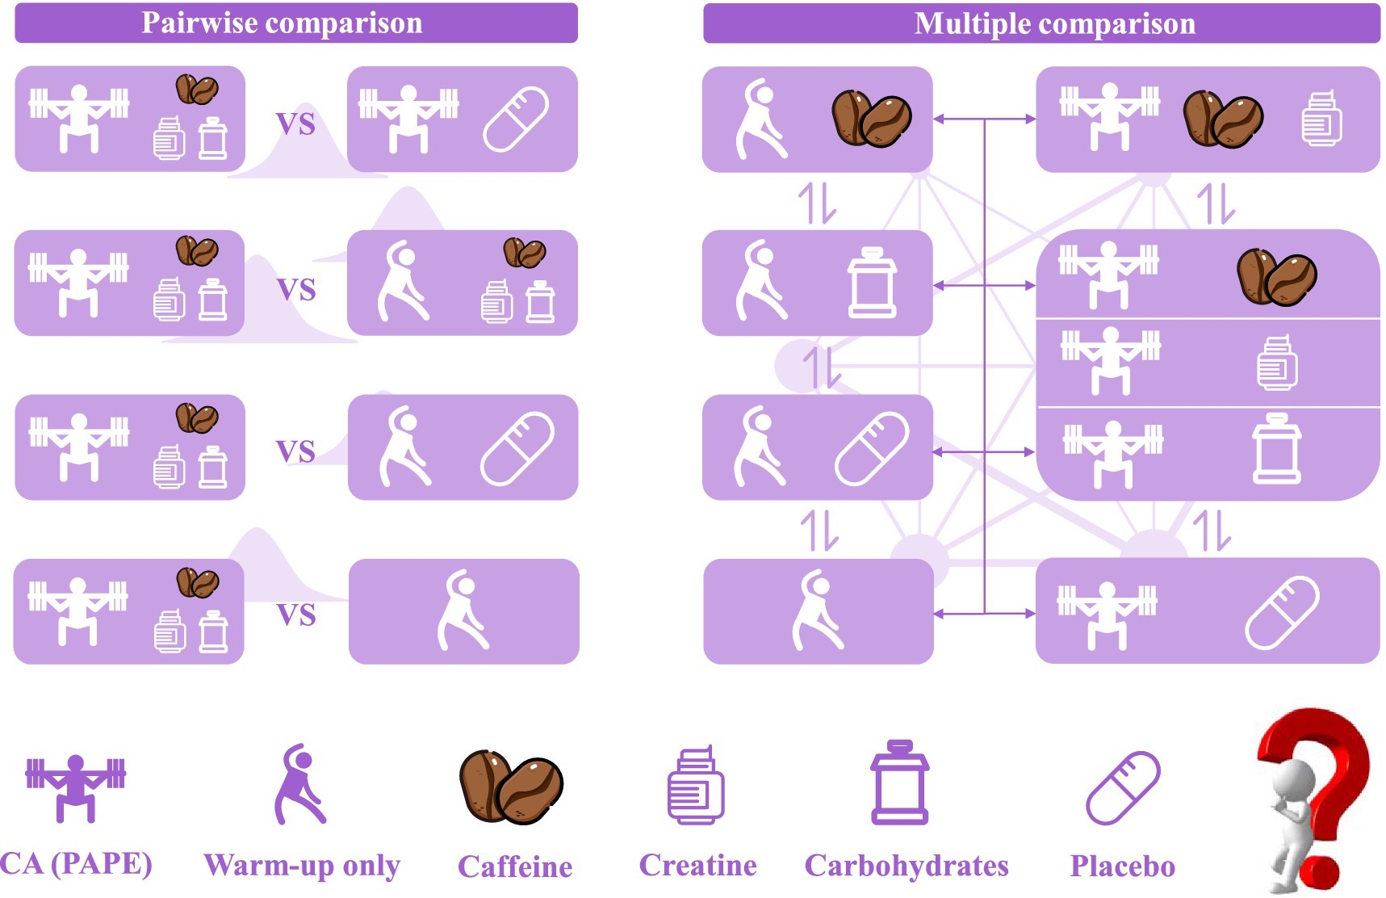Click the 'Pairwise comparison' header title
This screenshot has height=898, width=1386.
pyautogui.click(x=282, y=23)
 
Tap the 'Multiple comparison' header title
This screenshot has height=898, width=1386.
pyautogui.click(x=1054, y=23)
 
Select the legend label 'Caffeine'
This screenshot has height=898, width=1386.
pyautogui.click(x=515, y=867)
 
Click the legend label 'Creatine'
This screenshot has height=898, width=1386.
pyautogui.click(x=697, y=865)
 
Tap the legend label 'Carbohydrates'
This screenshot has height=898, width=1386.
pyautogui.click(x=907, y=866)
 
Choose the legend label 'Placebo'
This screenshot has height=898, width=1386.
pyautogui.click(x=1122, y=866)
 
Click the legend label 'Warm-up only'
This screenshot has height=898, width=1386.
pyautogui.click(x=302, y=865)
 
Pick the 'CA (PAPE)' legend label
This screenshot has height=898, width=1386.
pyautogui.click(x=76, y=863)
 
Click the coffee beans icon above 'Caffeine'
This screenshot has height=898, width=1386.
pyautogui.click(x=511, y=787)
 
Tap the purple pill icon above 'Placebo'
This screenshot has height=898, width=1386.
pyautogui.click(x=1123, y=788)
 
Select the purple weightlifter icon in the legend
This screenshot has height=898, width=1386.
pyautogui.click(x=76, y=787)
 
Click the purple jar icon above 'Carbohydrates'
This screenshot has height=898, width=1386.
pyautogui.click(x=900, y=783)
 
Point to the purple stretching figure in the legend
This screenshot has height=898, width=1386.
pyautogui.click(x=299, y=785)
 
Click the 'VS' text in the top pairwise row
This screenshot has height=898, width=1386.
pyautogui.click(x=295, y=124)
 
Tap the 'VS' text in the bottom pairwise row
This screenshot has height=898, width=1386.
pyautogui.click(x=296, y=615)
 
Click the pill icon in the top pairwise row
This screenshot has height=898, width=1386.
pyautogui.click(x=516, y=120)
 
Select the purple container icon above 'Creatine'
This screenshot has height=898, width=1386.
pyautogui.click(x=696, y=785)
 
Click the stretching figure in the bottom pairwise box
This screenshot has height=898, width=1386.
pyautogui.click(x=463, y=611)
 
